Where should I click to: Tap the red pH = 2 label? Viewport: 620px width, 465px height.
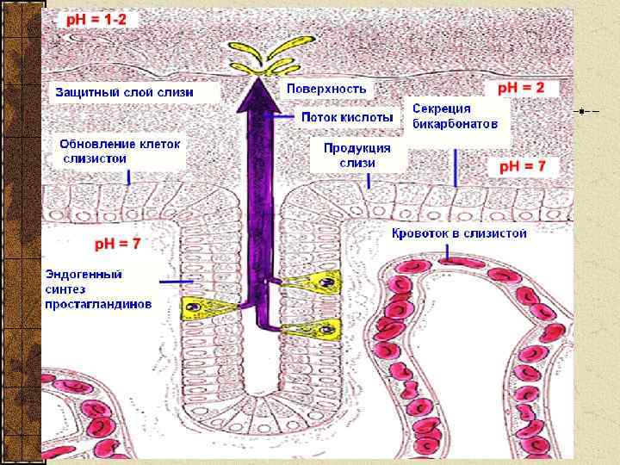tap(523, 88)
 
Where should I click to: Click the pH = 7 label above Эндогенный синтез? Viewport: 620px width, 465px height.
tap(118, 244)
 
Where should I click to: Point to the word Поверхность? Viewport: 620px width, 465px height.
tap(326, 88)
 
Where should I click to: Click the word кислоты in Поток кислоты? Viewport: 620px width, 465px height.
tap(369, 116)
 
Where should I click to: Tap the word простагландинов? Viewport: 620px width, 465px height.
tap(99, 304)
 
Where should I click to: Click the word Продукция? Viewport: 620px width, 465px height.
tap(356, 147)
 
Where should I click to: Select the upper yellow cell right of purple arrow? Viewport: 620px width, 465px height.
tap(319, 280)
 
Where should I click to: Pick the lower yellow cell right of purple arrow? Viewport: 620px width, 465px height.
tap(321, 327)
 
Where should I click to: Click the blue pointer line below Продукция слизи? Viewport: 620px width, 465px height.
tap(369, 181)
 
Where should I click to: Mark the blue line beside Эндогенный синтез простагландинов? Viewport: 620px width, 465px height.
tap(176, 282)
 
